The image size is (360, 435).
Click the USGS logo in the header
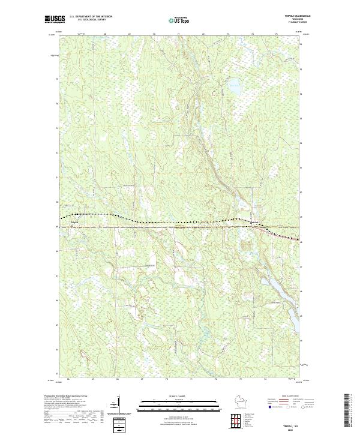tap(52, 19)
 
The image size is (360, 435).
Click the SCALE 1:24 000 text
tap(172, 397)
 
